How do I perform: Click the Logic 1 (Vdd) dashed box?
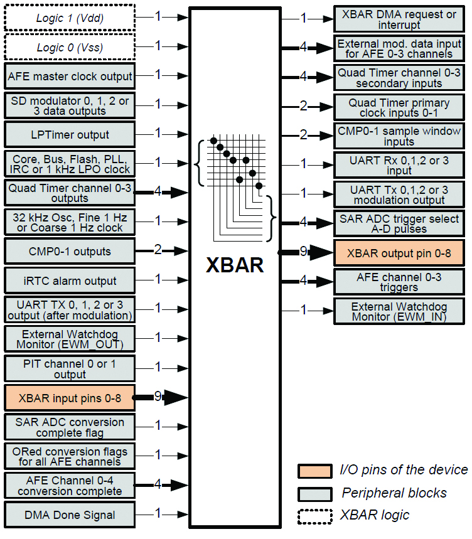(x=70, y=18)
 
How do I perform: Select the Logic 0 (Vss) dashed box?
(x=70, y=47)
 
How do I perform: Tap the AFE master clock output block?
(x=70, y=77)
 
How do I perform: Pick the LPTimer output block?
(x=70, y=135)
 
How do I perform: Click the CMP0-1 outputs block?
(x=70, y=252)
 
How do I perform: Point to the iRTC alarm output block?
(x=70, y=280)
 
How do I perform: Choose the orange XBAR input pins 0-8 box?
(x=70, y=397)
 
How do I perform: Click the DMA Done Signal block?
(x=70, y=515)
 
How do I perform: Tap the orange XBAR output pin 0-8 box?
(x=399, y=252)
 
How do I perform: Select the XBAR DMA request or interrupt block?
(x=399, y=19)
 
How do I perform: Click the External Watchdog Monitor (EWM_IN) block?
(x=399, y=312)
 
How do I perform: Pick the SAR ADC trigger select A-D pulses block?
(x=399, y=223)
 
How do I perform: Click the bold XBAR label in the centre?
(x=235, y=265)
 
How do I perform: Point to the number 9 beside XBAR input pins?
(x=158, y=396)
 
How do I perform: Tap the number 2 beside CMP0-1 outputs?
(x=158, y=250)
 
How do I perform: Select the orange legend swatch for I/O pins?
(x=314, y=471)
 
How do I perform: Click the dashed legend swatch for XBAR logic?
(x=314, y=516)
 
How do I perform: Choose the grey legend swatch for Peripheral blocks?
(x=314, y=493)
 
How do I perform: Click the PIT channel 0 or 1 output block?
(x=70, y=368)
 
